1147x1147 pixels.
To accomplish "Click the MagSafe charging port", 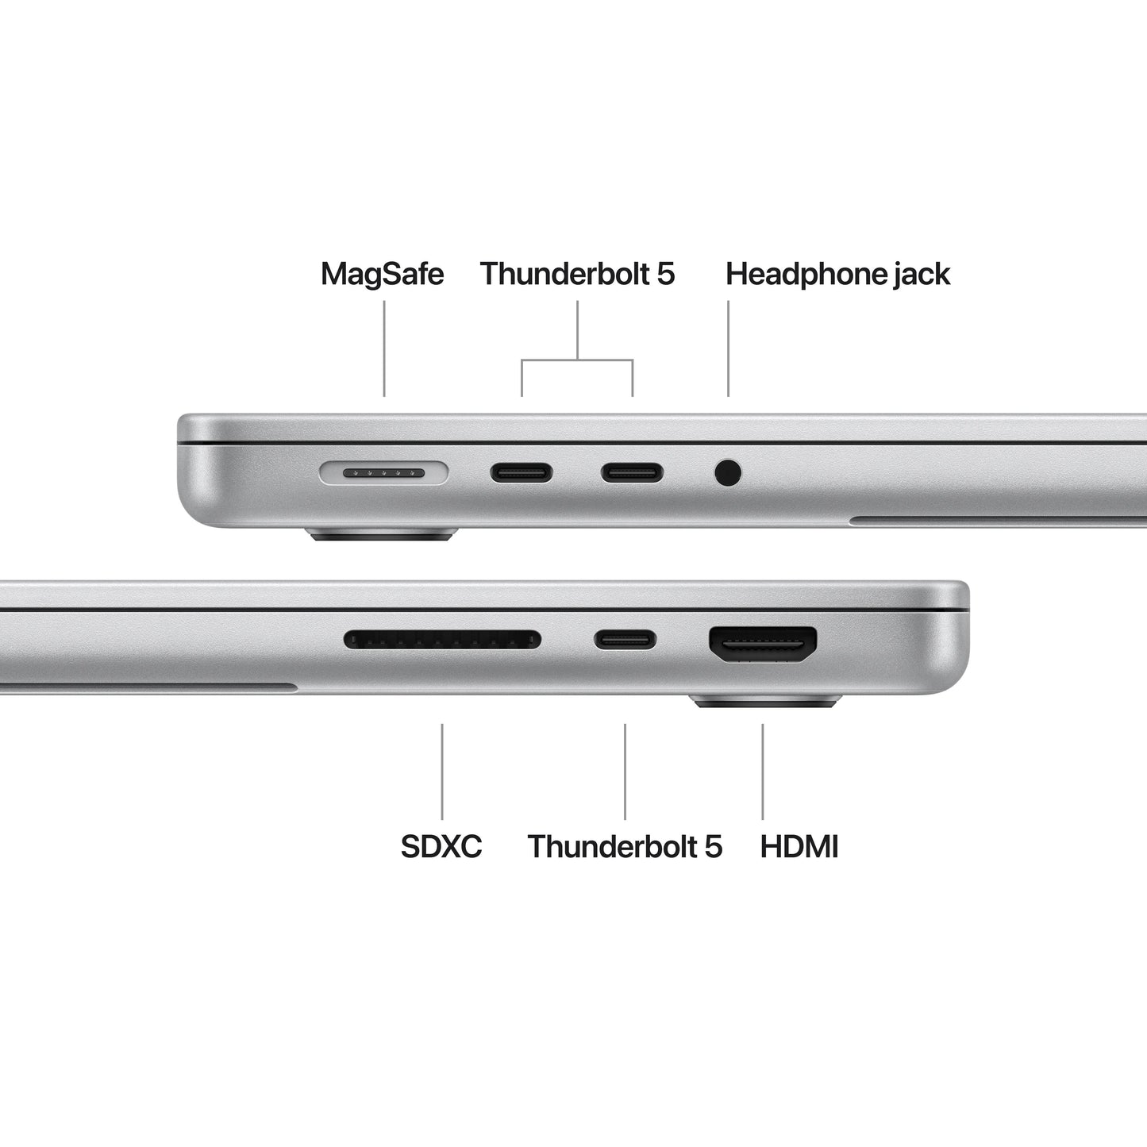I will coord(383,474).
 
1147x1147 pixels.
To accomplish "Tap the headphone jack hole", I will coord(728,473).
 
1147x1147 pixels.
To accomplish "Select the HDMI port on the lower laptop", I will coord(763,644).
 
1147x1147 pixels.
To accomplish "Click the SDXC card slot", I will coord(442,639).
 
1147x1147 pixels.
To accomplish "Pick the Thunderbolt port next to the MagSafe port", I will coord(522,474).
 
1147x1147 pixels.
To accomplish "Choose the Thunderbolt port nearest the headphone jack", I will coord(632,474).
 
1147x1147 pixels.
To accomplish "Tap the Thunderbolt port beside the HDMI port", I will coord(625,639).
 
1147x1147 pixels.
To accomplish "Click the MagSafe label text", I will coord(382,275).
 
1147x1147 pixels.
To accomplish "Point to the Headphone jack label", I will coord(837,275).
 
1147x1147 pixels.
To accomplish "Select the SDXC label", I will coord(441,846).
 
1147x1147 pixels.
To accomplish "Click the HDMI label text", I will coord(799,846).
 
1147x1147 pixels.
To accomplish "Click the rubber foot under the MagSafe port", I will coord(383,534).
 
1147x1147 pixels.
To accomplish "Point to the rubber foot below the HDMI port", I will coord(765,701).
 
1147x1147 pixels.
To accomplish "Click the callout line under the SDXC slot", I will coord(442,771).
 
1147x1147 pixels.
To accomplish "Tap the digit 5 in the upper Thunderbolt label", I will coord(665,275).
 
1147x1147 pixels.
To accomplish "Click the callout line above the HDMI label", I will coord(763,771).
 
